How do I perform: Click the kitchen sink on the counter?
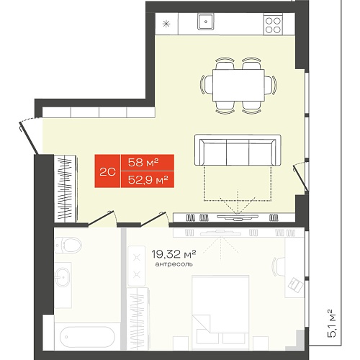pos(206,22)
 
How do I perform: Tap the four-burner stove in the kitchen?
pos(273,25)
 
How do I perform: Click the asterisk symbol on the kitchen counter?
pos(166,24)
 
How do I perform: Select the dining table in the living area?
pos(238,86)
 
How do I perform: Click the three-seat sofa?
pos(238,150)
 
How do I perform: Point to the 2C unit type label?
pos(107,171)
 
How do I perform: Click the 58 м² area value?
pos(143,163)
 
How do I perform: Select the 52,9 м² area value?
pos(148,179)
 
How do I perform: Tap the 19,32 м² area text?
pos(174,254)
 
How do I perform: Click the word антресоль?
pos(174,264)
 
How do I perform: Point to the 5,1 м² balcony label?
pos(330,323)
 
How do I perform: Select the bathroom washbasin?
pos(63,277)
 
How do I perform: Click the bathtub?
pos(87,336)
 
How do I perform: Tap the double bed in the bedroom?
pos(220,312)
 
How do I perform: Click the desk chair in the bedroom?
pos(278,266)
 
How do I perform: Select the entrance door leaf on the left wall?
pos(28,138)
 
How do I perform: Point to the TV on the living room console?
pos(238,217)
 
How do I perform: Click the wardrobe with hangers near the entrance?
pos(66,189)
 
